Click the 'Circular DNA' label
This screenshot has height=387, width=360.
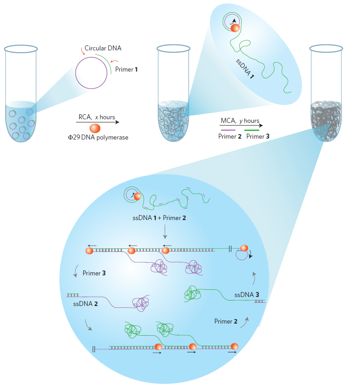click(x=103, y=48)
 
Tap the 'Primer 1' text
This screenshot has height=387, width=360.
click(x=126, y=69)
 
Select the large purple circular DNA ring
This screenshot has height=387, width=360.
click(x=76, y=73)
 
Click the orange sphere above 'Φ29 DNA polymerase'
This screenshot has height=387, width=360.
click(x=95, y=128)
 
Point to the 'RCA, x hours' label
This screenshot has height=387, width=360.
click(x=97, y=117)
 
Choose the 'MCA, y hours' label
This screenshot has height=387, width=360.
click(x=240, y=121)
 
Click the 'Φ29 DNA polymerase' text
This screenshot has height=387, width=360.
click(x=98, y=137)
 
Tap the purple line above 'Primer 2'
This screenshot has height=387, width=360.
click(x=228, y=130)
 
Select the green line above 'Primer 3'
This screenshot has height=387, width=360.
click(x=252, y=130)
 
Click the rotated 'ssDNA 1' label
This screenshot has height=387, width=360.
click(x=245, y=69)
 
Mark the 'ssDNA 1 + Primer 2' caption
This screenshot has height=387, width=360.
click(x=159, y=218)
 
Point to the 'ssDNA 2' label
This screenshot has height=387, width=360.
click(x=85, y=304)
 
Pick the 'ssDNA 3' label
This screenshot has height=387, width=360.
click(x=247, y=295)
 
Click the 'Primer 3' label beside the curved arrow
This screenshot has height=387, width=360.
click(x=94, y=273)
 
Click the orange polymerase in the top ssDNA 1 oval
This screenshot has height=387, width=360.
click(x=235, y=28)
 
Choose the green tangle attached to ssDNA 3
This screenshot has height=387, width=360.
click(x=193, y=294)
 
